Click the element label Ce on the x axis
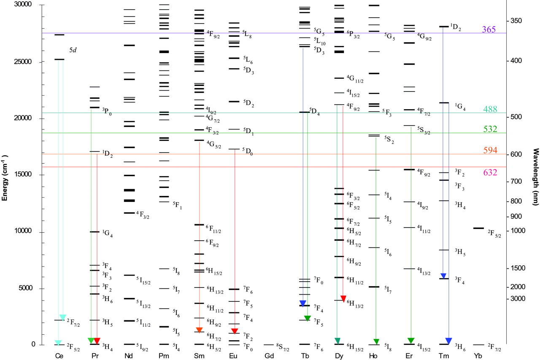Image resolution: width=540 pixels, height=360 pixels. click(59, 356)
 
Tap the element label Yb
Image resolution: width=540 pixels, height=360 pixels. click(478, 356)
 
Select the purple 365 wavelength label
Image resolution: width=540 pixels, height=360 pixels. click(489, 30)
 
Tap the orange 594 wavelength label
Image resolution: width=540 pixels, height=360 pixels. click(491, 150)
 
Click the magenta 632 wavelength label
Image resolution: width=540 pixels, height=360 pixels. click(491, 172)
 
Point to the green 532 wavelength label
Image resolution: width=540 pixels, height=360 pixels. click(491, 129)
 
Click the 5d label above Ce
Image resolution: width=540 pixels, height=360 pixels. click(73, 50)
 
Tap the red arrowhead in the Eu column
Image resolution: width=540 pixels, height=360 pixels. click(235, 330)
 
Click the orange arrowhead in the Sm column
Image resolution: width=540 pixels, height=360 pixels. click(200, 330)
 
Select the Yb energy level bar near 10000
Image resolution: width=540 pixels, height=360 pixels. click(478, 228)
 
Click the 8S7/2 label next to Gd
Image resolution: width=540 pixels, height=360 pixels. click(283, 347)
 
